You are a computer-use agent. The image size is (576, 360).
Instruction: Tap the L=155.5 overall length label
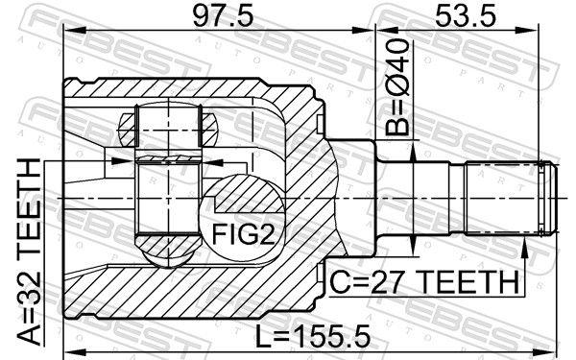[302, 336]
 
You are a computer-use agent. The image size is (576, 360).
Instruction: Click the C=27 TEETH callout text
[422, 282]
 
